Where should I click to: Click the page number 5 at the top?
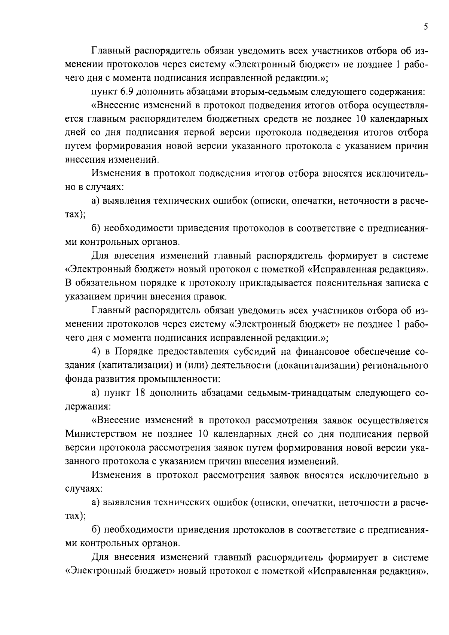(426, 27)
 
